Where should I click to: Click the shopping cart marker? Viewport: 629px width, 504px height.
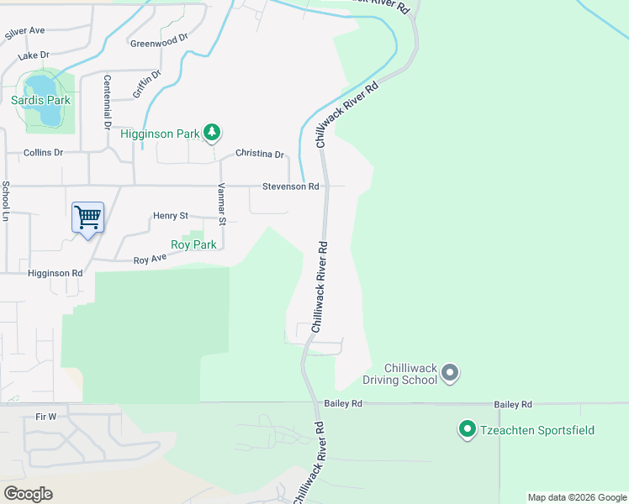click(x=87, y=218)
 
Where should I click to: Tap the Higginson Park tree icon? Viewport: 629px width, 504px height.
click(x=213, y=132)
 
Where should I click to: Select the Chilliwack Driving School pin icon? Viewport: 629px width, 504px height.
click(x=449, y=372)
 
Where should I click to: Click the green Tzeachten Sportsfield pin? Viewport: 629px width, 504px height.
click(x=466, y=430)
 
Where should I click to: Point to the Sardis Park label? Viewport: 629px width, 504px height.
click(x=41, y=100)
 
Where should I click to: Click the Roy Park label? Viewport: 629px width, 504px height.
click(x=193, y=245)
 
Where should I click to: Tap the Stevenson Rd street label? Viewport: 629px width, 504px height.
click(x=290, y=186)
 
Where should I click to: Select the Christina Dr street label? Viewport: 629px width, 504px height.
click(x=260, y=155)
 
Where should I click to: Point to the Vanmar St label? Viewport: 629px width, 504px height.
click(x=223, y=205)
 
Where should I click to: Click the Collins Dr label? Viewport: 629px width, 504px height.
click(x=44, y=152)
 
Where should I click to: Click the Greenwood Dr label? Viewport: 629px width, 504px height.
click(x=158, y=39)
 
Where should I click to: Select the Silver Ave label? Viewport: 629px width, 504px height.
click(x=24, y=31)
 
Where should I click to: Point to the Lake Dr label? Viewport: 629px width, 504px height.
click(x=34, y=56)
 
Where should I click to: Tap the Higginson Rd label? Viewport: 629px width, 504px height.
click(x=55, y=273)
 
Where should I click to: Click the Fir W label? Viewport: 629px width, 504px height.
click(x=46, y=416)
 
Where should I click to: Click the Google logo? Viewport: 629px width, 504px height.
click(x=28, y=494)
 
